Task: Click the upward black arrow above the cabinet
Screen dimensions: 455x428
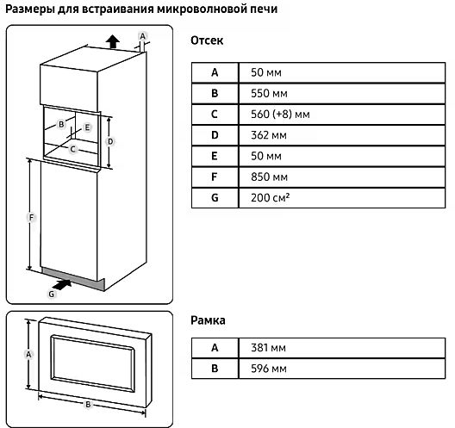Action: tap(113, 41)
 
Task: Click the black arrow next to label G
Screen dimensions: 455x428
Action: tap(63, 284)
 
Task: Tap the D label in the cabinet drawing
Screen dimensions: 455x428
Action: tap(110, 141)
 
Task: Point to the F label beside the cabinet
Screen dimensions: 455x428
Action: tap(31, 217)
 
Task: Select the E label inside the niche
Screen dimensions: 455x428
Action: tap(87, 127)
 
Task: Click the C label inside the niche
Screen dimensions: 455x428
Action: tap(73, 149)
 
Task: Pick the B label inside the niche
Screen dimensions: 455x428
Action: tap(61, 124)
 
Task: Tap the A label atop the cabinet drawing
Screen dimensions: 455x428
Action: tap(142, 36)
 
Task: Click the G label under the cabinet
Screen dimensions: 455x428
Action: tap(52, 294)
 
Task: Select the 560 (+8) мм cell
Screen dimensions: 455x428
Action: tap(280, 115)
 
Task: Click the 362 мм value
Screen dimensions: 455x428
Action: tap(269, 135)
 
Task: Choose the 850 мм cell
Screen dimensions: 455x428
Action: tap(269, 177)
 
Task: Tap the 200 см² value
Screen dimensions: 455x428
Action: tap(271, 198)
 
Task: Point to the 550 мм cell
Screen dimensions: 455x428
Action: tap(269, 93)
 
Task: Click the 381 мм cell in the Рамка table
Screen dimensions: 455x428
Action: tap(268, 348)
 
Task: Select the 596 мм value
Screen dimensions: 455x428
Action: tap(269, 369)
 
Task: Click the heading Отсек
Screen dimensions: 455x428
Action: tap(207, 40)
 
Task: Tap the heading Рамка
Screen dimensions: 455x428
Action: tap(208, 320)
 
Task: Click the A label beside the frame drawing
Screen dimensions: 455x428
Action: tap(28, 354)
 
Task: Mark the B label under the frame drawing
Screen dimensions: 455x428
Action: tap(88, 404)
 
